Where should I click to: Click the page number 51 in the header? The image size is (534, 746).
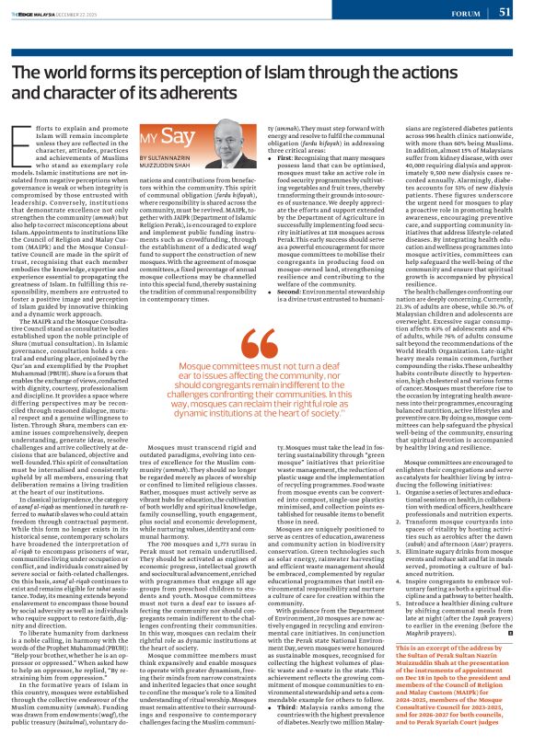pyautogui.click(x=505, y=12)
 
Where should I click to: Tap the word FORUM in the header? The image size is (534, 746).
pyautogui.click(x=465, y=13)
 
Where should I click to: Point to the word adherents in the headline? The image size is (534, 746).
pyautogui.click(x=229, y=92)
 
